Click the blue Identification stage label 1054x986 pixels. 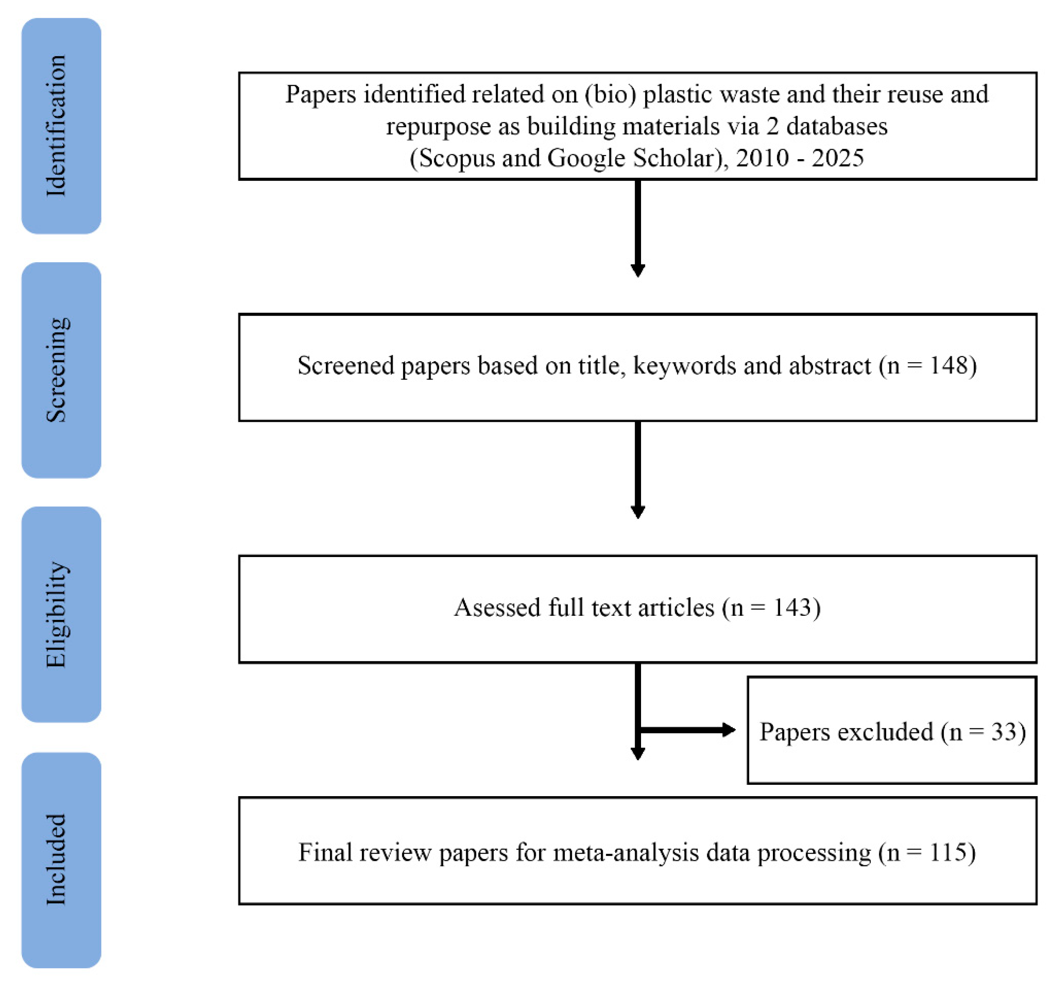[x=61, y=126]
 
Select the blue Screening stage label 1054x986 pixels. [x=61, y=370]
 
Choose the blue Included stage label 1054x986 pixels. [x=61, y=860]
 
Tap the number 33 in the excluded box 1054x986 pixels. [x=1003, y=732]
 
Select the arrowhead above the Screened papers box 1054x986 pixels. [x=638, y=271]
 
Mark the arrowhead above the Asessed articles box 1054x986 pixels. [x=638, y=512]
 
